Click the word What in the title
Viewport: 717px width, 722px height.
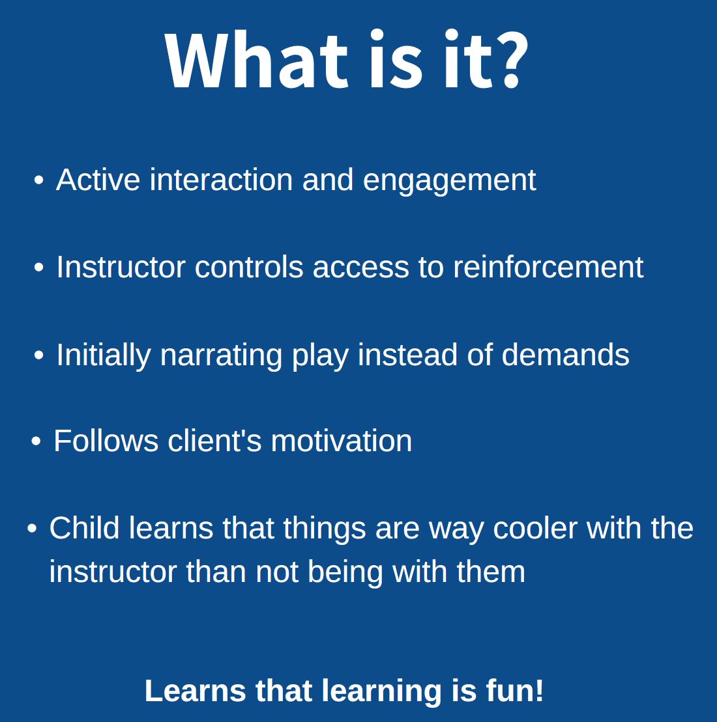pos(256,60)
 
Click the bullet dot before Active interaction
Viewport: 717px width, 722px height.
pos(38,180)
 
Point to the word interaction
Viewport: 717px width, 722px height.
pos(221,179)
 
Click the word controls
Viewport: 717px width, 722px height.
pos(249,267)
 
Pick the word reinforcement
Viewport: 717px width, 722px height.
pos(548,267)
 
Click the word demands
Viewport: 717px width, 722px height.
pos(565,354)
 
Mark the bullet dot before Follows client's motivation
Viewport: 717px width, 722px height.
pos(36,441)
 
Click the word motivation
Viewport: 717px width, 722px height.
pos(341,440)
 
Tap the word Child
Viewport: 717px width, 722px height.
pos(84,527)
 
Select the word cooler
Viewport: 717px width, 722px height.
pos(535,528)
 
